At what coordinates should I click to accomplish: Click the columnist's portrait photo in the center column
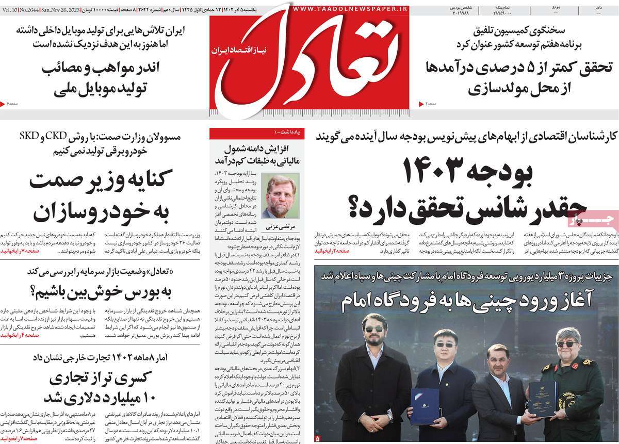pos(281,195)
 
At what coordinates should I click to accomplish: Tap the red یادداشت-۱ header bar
pos(257,133)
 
